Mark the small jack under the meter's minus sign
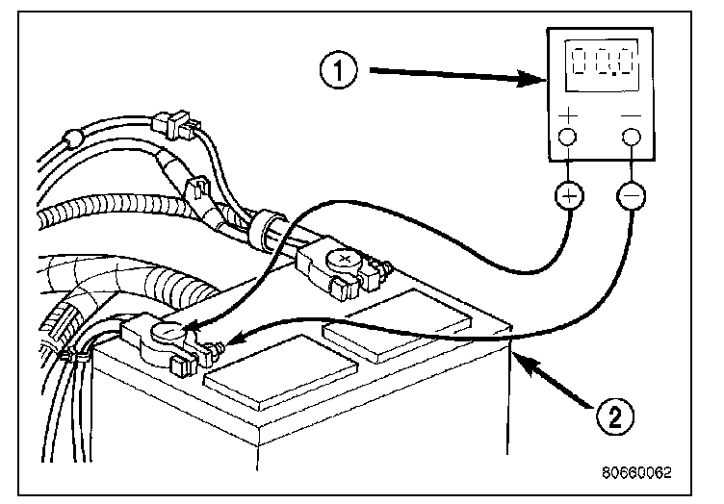631,138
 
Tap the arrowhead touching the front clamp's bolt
233,340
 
